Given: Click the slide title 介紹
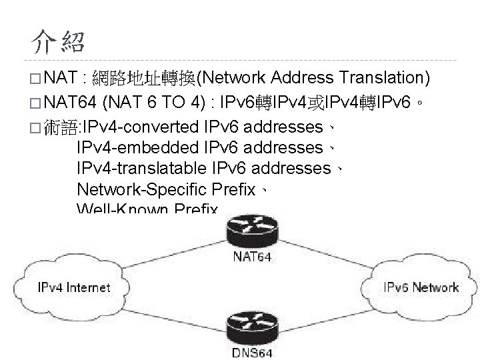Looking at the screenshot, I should point(58,41).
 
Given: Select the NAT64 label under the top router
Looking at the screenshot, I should point(252,257).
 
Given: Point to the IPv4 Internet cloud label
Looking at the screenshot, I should point(73,288).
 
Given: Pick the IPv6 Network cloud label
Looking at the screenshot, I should point(421,288).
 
